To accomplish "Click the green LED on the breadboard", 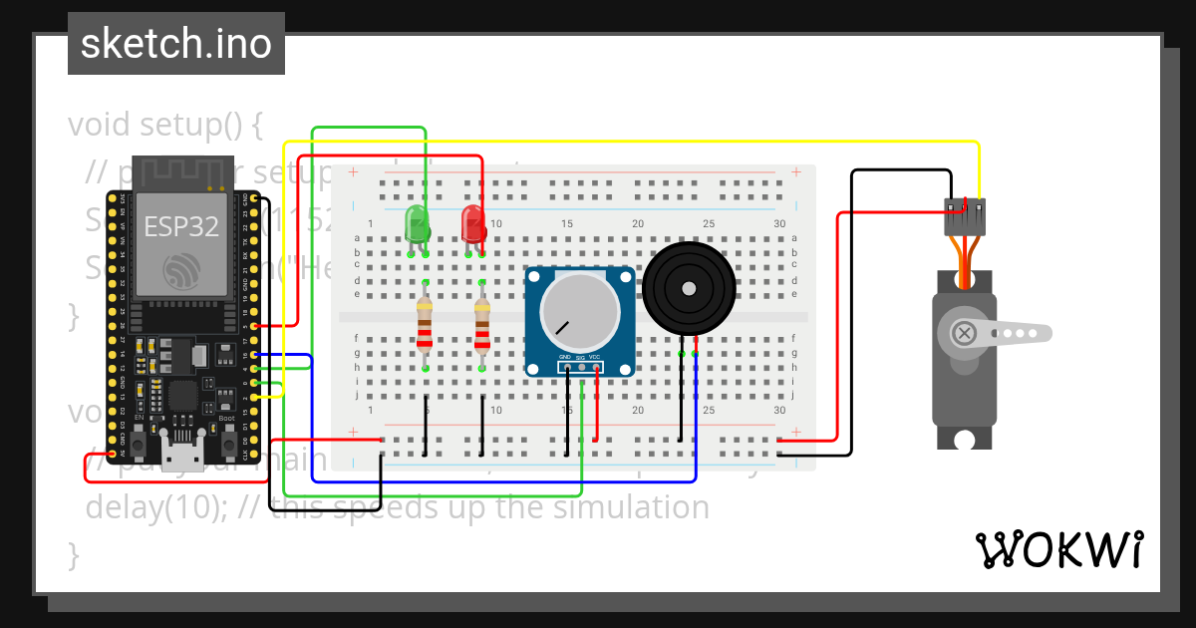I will pyautogui.click(x=417, y=223).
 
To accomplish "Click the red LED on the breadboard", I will pyautogui.click(x=472, y=223).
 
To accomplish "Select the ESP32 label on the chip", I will pyautogui.click(x=182, y=226).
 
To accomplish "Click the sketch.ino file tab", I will pyautogui.click(x=176, y=44).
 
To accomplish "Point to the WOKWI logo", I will pyautogui.click(x=1058, y=549).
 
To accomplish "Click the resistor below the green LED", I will pyautogui.click(x=426, y=325).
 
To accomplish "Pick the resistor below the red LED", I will pyautogui.click(x=482, y=325).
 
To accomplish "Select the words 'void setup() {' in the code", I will pyautogui.click(x=165, y=126).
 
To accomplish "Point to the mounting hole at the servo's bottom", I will pyautogui.click(x=964, y=439).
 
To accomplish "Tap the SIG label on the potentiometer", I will pyautogui.click(x=580, y=357).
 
